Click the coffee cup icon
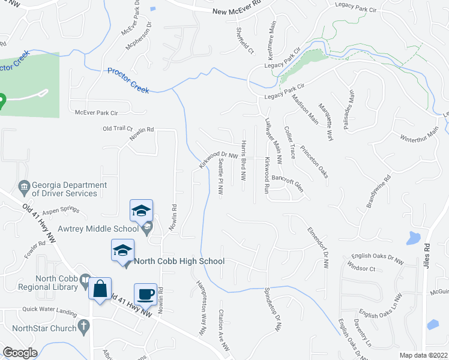pyautogui.click(x=145, y=294)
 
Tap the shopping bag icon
pyautogui.click(x=100, y=289)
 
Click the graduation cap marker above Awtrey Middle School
pyautogui.click(x=141, y=211)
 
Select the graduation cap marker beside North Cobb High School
pyautogui.click(x=122, y=250)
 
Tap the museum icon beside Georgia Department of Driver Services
pyautogui.click(x=24, y=186)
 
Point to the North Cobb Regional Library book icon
pyautogui.click(x=86, y=282)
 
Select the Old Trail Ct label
pyautogui.click(x=117, y=128)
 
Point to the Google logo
pyautogui.click(x=20, y=353)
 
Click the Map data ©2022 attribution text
pyautogui.click(x=424, y=355)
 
